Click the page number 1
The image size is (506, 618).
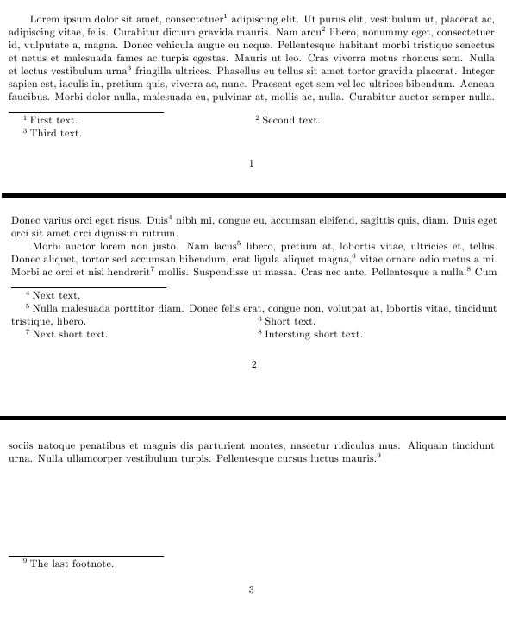coord(251,162)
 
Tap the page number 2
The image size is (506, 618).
coord(253,365)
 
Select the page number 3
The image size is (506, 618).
coord(251,590)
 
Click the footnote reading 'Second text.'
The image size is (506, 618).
coord(290,120)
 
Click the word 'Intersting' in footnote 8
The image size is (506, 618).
coord(288,334)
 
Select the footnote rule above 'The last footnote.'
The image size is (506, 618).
coord(86,557)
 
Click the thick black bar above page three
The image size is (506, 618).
coord(253,417)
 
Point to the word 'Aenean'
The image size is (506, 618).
coord(477,85)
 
